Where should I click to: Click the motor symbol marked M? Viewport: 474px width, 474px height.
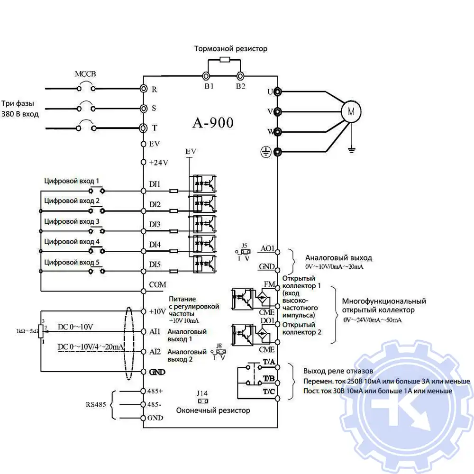(351, 112)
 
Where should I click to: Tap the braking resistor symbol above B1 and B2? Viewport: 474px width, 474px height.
(223, 60)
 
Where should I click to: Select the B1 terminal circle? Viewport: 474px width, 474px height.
(206, 76)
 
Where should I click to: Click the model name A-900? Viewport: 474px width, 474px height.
(213, 123)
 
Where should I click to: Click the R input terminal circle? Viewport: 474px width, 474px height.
(143, 89)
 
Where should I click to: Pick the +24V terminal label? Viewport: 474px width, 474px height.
(158, 162)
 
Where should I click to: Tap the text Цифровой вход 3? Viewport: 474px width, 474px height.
(72, 221)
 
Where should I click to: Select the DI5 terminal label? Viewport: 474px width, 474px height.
(155, 264)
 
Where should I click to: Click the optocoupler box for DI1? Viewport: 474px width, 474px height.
(204, 183)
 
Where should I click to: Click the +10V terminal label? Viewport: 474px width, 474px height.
(157, 311)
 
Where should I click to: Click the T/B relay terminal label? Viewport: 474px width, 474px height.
(268, 378)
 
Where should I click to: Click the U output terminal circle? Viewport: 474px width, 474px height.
(278, 91)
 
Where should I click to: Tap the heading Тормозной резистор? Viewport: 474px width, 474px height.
(230, 48)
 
